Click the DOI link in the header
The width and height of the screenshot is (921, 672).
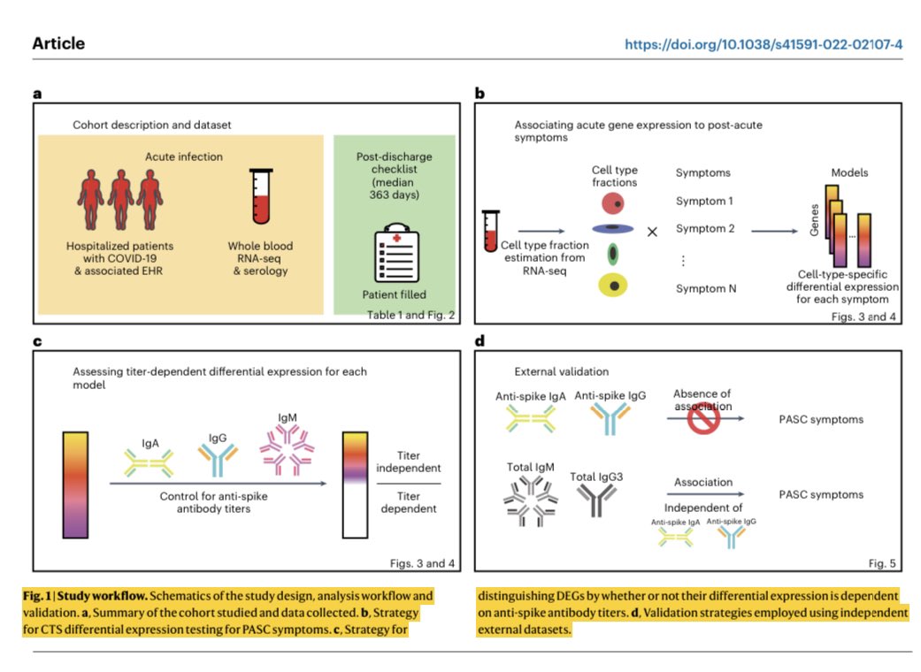pyautogui.click(x=763, y=44)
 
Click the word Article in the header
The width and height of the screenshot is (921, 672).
pyautogui.click(x=58, y=43)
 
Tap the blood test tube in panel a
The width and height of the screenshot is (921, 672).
pyautogui.click(x=261, y=196)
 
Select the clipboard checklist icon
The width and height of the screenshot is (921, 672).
pyautogui.click(x=397, y=252)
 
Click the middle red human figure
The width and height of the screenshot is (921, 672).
pyautogui.click(x=121, y=200)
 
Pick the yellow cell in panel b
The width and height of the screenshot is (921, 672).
pyautogui.click(x=612, y=286)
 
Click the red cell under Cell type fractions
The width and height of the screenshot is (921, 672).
pyautogui.click(x=612, y=203)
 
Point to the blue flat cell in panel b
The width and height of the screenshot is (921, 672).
pyautogui.click(x=612, y=228)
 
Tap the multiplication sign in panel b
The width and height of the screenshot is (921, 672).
pyautogui.click(x=652, y=232)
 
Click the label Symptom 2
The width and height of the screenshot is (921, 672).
pyautogui.click(x=705, y=228)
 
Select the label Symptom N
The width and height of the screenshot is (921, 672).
pyautogui.click(x=705, y=288)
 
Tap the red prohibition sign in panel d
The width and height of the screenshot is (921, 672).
pyautogui.click(x=703, y=418)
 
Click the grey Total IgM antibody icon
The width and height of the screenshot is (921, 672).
pyautogui.click(x=531, y=500)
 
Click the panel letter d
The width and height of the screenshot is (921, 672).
pyautogui.click(x=480, y=341)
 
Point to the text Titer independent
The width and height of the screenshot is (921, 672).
pyautogui.click(x=408, y=462)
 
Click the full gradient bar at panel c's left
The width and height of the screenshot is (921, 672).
pyautogui.click(x=75, y=485)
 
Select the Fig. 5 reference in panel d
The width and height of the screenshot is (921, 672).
pyautogui.click(x=882, y=563)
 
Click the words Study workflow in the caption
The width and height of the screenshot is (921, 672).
pyautogui.click(x=103, y=596)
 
